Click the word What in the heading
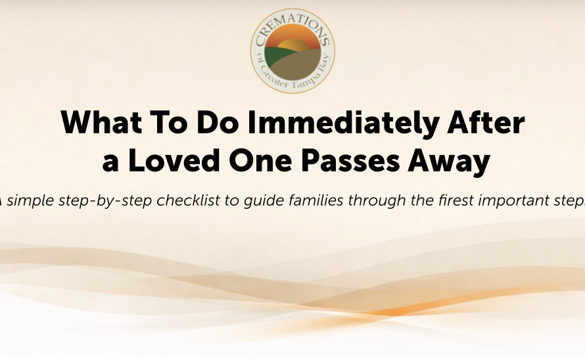(x=101, y=122)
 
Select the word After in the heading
(x=486, y=122)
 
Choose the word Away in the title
(x=449, y=162)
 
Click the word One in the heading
(x=260, y=160)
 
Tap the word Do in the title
(x=218, y=122)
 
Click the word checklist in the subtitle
(x=188, y=200)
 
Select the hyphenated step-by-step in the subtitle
(x=105, y=201)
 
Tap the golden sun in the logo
(x=293, y=45)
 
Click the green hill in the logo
(x=278, y=56)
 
